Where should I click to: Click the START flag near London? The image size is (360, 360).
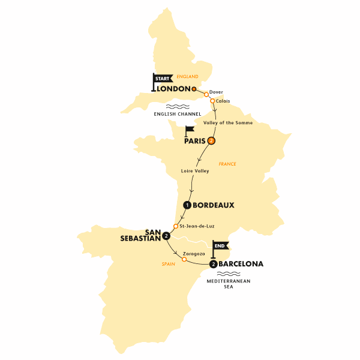[x=161, y=79]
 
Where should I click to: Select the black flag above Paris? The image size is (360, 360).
[x=190, y=129]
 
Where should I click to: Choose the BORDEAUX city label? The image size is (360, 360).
[x=213, y=205]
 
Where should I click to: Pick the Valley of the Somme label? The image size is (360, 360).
[x=228, y=123]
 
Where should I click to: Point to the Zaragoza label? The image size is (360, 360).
[x=194, y=254]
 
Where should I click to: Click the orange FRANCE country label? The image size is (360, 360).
[x=227, y=163]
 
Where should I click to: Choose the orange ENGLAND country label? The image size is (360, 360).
[x=187, y=76]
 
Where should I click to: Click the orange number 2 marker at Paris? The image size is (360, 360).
[x=211, y=142]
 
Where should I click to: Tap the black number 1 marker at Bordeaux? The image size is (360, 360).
[x=187, y=205]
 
